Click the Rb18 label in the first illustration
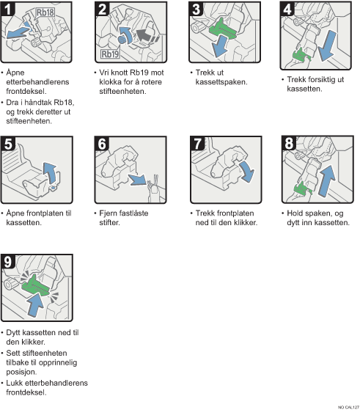click(x=46, y=11)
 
